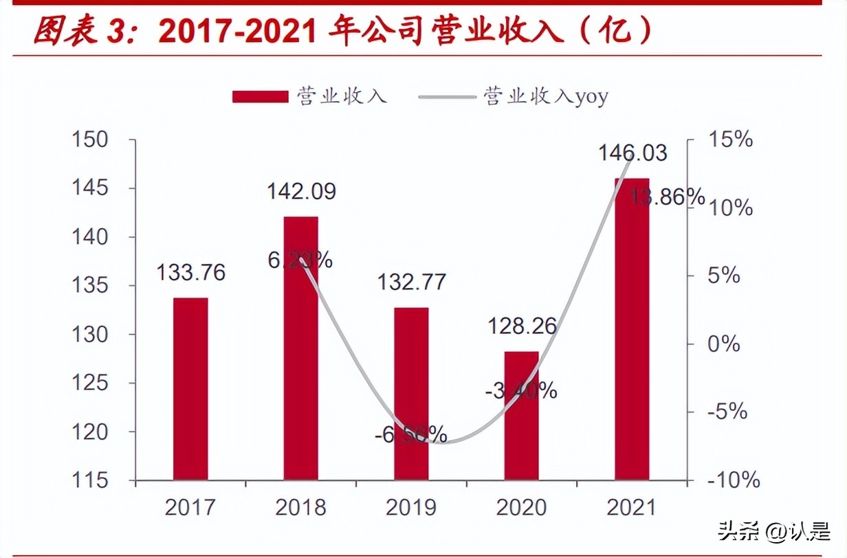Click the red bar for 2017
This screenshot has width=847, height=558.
[190, 388]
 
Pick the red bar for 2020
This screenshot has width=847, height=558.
[521, 415]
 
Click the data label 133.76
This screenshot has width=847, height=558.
[190, 273]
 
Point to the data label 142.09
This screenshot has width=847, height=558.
[301, 192]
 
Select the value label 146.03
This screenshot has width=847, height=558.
[632, 153]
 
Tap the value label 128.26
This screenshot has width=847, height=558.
[522, 326]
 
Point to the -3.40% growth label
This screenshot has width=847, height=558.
[520, 391]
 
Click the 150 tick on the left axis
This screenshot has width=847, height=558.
[91, 139]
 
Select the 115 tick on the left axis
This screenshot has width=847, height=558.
[91, 480]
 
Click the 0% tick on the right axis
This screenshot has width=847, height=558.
[724, 344]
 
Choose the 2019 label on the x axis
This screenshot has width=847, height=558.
[411, 508]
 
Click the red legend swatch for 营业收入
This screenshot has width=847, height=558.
[260, 96]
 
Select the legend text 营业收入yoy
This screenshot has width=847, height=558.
[546, 96]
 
